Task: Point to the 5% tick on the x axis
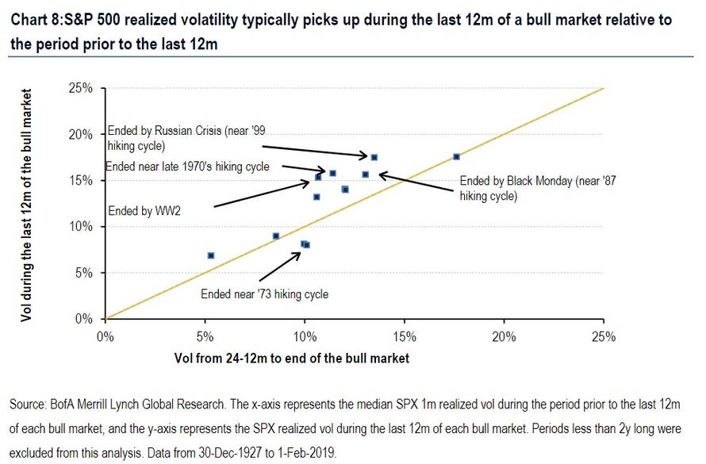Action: click(x=205, y=336)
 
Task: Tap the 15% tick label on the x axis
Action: click(x=404, y=336)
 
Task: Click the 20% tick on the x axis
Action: click(x=504, y=336)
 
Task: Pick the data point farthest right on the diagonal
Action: click(x=456, y=157)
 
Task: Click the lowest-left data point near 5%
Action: click(x=211, y=255)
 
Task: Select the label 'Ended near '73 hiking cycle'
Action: click(x=264, y=293)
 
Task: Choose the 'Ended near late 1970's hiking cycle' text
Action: click(x=187, y=167)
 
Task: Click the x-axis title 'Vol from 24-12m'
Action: click(x=291, y=359)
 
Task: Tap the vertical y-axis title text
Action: click(x=28, y=206)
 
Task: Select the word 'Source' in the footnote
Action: click(x=27, y=405)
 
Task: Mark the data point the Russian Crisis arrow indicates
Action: click(x=374, y=157)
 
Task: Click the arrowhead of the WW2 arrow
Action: click(x=311, y=182)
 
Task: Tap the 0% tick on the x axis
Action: click(x=105, y=336)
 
